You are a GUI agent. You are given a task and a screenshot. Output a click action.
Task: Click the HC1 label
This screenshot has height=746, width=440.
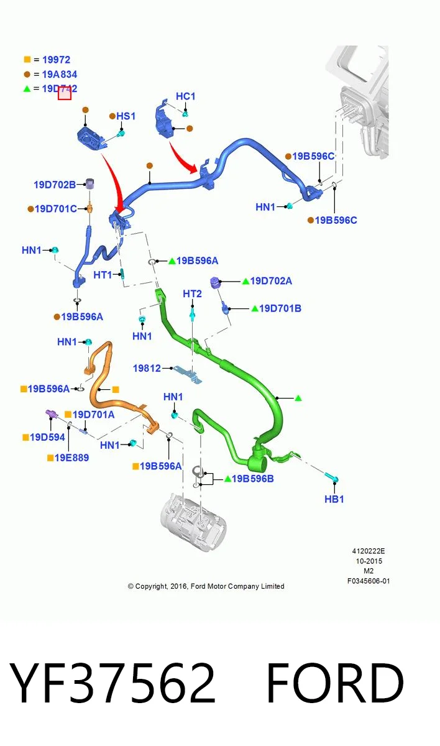185,96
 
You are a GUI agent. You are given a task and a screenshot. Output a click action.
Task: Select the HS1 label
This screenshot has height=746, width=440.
126,116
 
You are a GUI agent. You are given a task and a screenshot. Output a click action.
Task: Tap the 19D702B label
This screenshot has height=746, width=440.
55,185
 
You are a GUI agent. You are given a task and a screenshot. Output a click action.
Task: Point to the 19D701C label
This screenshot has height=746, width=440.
56,209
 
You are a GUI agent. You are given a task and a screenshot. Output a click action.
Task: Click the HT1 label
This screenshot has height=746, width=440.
103,275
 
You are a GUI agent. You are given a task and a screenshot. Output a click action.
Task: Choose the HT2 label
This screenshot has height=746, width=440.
193,293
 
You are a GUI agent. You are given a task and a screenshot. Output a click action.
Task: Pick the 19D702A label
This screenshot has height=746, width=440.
271,281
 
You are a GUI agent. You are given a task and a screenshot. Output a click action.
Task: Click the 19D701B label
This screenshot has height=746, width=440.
280,308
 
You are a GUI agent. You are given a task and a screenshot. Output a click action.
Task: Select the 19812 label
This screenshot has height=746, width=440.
147,368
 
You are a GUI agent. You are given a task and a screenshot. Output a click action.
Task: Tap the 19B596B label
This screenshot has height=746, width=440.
252,479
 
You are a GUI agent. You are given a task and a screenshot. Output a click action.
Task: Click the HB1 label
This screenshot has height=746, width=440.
334,499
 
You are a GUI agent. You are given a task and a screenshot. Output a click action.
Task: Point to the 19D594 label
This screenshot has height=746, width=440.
47,437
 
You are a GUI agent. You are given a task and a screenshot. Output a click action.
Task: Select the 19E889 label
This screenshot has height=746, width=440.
71,458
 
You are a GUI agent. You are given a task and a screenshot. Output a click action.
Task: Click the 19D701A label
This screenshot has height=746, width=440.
93,415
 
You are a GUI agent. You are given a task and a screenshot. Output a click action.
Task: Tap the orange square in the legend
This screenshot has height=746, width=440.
27,59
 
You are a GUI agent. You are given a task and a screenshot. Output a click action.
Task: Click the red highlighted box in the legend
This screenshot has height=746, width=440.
65,93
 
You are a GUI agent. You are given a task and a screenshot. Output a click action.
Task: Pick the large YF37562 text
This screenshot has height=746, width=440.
112,684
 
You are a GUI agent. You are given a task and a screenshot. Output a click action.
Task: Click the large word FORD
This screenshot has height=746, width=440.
335,684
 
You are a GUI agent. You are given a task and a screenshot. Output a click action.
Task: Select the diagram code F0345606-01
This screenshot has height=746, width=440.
369,581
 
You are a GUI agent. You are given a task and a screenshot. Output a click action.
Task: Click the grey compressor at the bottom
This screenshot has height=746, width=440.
194,521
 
